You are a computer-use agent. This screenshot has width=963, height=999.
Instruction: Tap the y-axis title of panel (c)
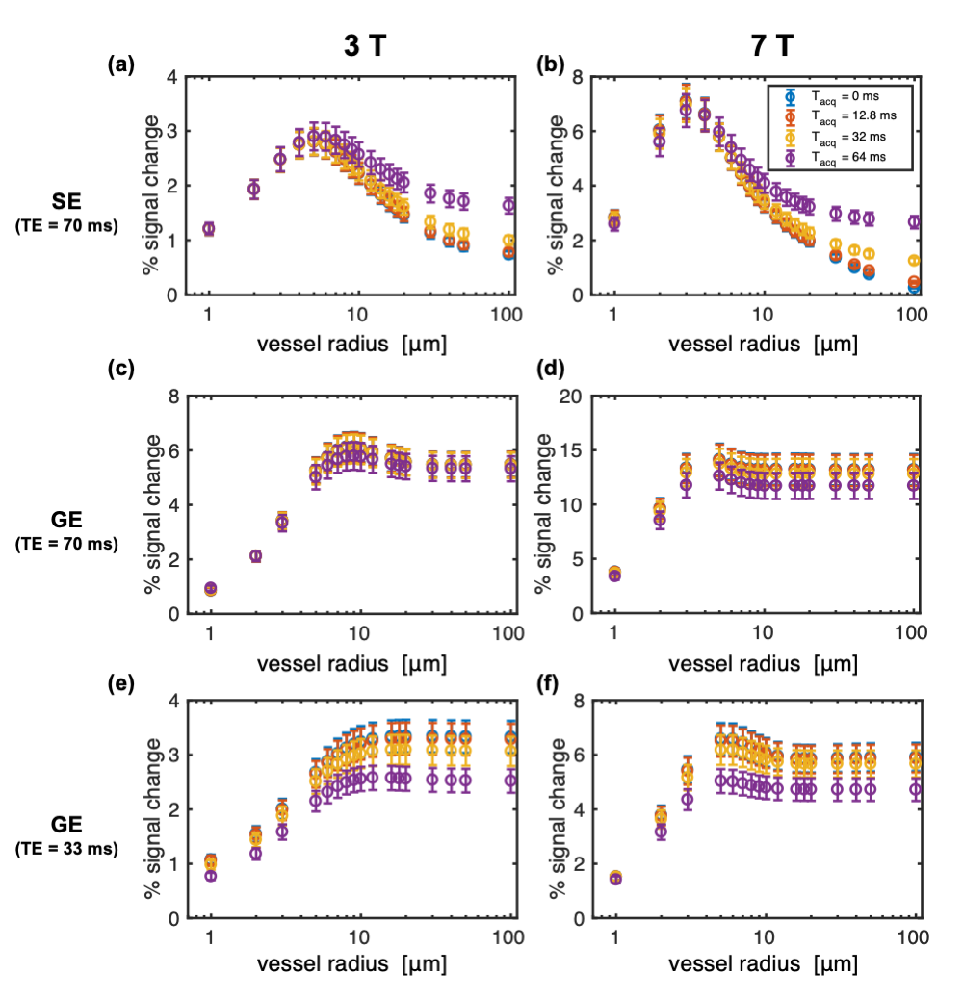pos(151,504)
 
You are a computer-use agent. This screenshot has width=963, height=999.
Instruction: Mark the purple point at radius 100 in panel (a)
pos(510,205)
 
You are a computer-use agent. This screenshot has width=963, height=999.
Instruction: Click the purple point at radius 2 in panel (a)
pos(254,189)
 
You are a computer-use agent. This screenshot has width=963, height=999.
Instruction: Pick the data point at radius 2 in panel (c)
pos(255,555)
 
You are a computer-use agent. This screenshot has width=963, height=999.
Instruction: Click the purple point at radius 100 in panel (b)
pos(915,221)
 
